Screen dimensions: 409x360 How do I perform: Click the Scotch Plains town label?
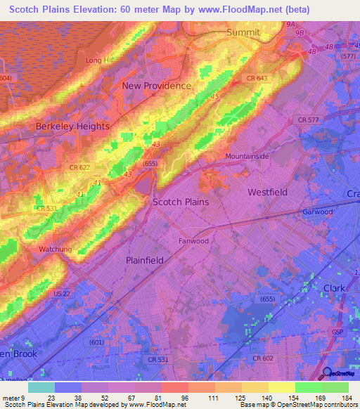tap(181, 202)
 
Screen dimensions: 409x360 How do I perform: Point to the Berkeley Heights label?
tap(72, 126)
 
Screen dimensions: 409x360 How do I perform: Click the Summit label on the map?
tap(243, 33)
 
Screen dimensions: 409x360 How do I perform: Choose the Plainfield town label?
tap(144, 260)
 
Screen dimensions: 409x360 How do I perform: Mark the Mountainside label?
tap(247, 156)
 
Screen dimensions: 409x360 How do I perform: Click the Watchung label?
tap(56, 249)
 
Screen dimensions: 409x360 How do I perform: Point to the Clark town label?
tap(334, 288)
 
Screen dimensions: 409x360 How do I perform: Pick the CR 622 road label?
tap(79, 167)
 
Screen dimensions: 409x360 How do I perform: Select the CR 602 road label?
tap(263, 358)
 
